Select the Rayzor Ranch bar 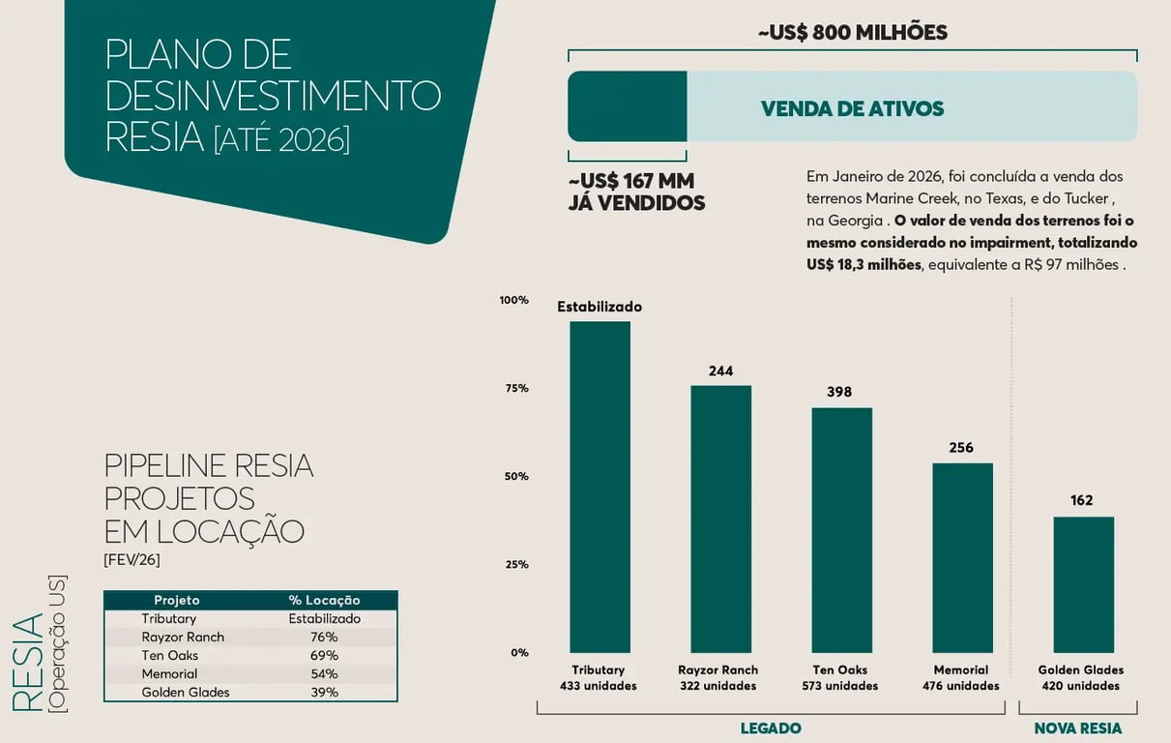720,519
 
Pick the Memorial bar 962,557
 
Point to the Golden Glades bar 1083,584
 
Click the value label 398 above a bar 839,392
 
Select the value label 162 1081,500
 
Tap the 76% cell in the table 324,637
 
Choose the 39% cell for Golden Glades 324,692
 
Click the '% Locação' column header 324,600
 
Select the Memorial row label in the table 169,673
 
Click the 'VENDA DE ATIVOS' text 852,108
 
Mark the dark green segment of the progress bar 627,106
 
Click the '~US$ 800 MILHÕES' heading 852,32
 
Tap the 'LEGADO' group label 771,728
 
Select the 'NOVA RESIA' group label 1078,728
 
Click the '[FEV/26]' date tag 132,559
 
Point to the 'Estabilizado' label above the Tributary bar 600,307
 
